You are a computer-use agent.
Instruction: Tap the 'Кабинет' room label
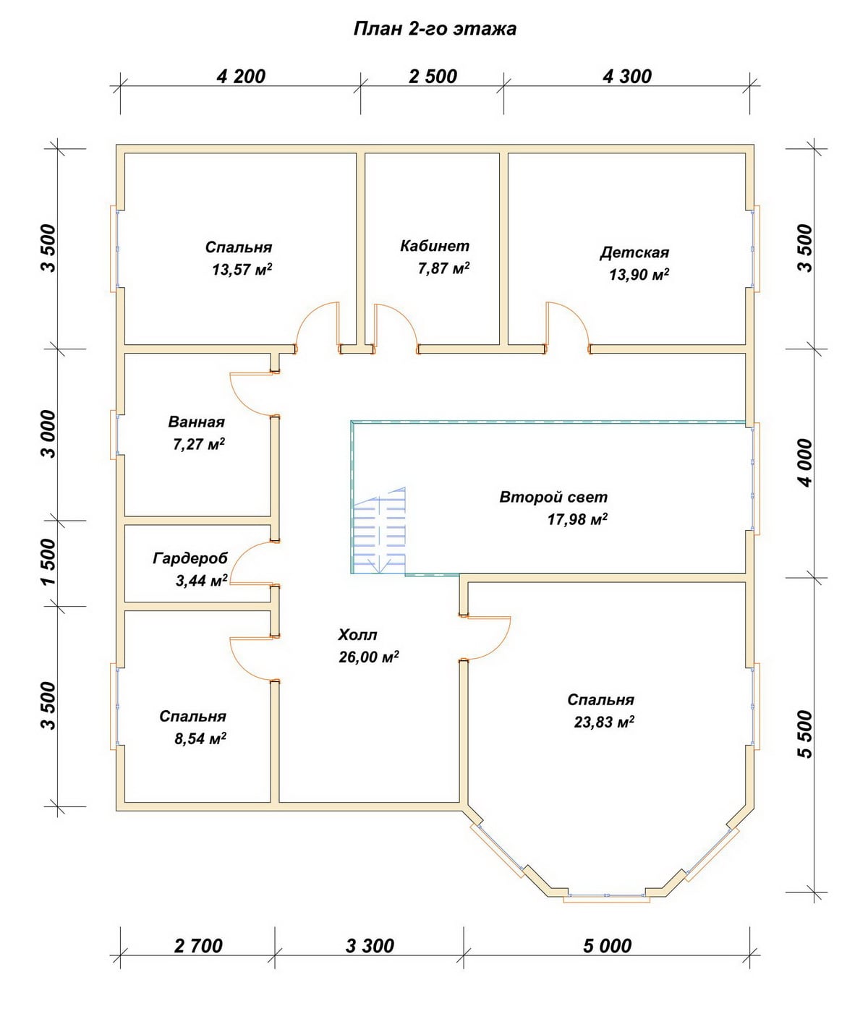(435, 246)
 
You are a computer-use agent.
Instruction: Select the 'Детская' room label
(634, 253)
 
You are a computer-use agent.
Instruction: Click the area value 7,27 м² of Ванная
(199, 444)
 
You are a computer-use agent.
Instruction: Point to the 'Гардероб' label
(190, 558)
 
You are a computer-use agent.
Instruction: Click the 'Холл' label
(357, 635)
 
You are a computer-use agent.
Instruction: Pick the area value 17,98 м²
(577, 519)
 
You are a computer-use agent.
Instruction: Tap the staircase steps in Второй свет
(380, 530)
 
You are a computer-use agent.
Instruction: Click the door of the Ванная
(252, 394)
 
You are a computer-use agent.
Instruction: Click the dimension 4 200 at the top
(241, 77)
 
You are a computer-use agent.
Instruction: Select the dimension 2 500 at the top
(433, 77)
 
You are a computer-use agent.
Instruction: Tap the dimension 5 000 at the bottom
(607, 946)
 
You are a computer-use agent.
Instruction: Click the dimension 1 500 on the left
(49, 563)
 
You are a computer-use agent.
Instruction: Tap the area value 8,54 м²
(200, 738)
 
